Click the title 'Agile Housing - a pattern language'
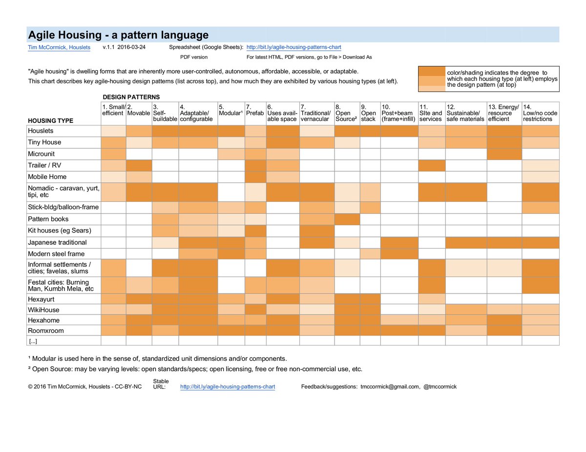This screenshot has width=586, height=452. [x=118, y=35]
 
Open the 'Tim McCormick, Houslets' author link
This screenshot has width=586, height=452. [x=59, y=47]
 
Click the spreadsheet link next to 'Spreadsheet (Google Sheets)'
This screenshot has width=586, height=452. [x=293, y=47]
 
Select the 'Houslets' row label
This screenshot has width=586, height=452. [x=41, y=131]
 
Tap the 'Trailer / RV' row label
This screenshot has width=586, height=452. [x=44, y=165]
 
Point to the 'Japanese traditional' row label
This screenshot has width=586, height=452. [x=57, y=242]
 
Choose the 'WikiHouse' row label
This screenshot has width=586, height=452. [x=43, y=310]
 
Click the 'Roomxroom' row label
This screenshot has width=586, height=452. [x=45, y=331]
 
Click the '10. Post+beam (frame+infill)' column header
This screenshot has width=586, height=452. [x=398, y=113]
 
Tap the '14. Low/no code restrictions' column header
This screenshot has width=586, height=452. [x=540, y=113]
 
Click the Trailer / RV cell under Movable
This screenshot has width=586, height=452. [x=139, y=165]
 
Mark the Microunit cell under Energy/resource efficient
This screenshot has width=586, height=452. [x=504, y=154]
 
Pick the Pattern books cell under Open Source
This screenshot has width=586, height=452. [x=347, y=219]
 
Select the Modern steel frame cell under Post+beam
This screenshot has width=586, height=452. [x=399, y=254]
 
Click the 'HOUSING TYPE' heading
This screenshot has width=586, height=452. [x=50, y=120]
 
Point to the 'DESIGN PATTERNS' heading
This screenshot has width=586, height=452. [x=131, y=97]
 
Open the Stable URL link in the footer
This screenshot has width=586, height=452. [x=228, y=387]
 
